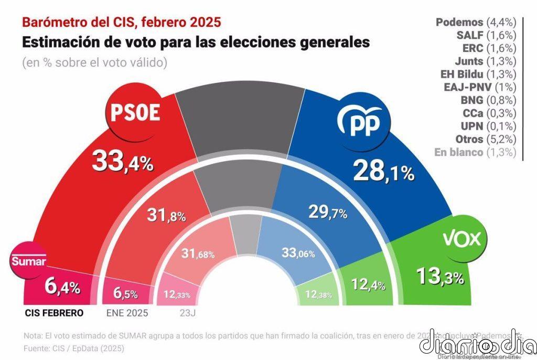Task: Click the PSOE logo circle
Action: tap(134, 114)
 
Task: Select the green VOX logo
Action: tap(461, 240)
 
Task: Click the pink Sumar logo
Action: tap(29, 261)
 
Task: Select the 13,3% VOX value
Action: tap(439, 276)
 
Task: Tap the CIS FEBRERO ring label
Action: tap(54, 313)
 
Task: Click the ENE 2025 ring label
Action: tap(127, 313)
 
